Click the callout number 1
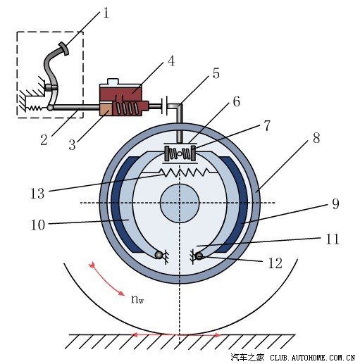click(106, 13)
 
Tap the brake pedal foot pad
click(64, 49)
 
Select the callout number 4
click(171, 61)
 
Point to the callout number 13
click(37, 194)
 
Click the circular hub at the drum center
click(180, 203)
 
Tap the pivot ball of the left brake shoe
click(159, 255)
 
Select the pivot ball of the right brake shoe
click(199, 256)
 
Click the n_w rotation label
click(137, 299)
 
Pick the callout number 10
click(38, 225)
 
